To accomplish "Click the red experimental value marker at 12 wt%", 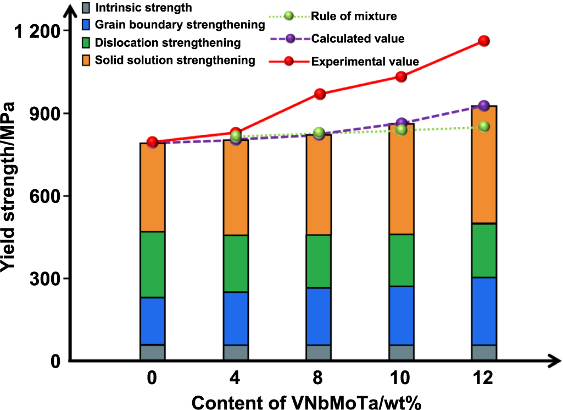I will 484,41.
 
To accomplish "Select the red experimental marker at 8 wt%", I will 320,94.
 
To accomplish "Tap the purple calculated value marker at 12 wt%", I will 484,106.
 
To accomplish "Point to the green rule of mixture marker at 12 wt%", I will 484,126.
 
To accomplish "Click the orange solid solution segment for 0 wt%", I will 153,187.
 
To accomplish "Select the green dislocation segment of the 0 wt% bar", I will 153,265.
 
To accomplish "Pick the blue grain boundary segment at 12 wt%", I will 484,311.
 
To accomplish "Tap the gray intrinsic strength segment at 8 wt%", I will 319,352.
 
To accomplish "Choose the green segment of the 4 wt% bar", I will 236,264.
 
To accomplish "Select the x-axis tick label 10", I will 402,379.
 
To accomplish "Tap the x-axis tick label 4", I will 236,379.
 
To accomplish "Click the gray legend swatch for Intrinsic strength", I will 85,8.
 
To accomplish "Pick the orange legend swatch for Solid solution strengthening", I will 85,59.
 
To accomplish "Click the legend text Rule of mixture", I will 354,16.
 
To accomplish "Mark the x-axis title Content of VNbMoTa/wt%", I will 306,402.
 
